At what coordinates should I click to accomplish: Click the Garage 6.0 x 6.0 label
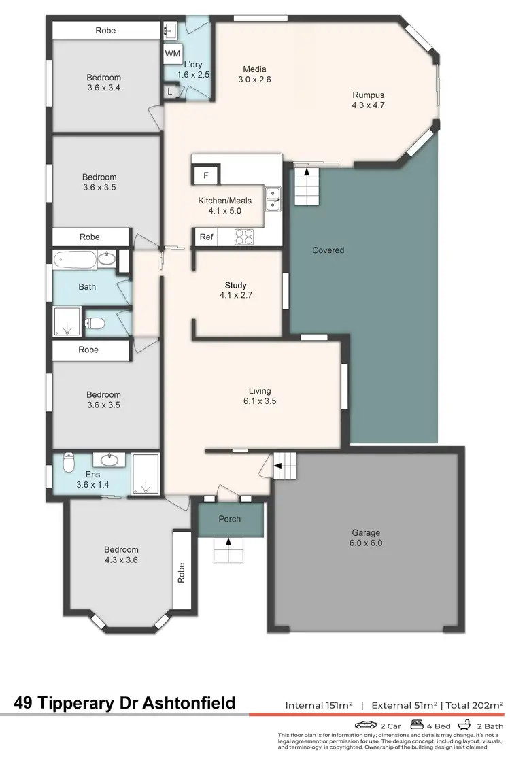click(x=366, y=538)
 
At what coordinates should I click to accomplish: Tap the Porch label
click(x=229, y=519)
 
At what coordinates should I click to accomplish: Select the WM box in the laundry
click(x=171, y=53)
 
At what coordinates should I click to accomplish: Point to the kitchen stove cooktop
click(x=244, y=237)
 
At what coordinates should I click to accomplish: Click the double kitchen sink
click(x=273, y=199)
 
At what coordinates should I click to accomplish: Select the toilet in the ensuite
click(x=68, y=462)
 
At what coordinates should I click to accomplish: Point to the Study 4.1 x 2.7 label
click(x=235, y=290)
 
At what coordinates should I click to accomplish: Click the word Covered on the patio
click(x=328, y=250)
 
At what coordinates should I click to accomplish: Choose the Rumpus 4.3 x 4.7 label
click(x=369, y=100)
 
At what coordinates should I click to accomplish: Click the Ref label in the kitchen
click(x=206, y=237)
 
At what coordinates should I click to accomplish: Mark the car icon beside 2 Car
click(x=365, y=725)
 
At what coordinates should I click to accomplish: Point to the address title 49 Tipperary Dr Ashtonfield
click(x=125, y=702)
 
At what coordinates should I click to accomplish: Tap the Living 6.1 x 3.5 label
click(x=260, y=396)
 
